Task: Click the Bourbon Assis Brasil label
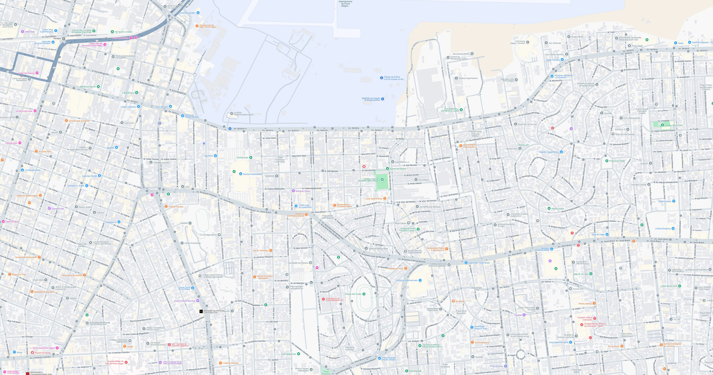252,174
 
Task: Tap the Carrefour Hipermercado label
407,280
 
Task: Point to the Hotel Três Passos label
26,73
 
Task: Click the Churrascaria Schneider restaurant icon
66,121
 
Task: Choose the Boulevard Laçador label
187,13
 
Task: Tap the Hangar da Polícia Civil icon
381,78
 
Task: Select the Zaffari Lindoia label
664,201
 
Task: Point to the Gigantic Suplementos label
549,152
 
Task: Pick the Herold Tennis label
558,209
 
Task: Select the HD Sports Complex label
123,32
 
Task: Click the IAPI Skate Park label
289,354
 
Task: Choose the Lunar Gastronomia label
373,199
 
